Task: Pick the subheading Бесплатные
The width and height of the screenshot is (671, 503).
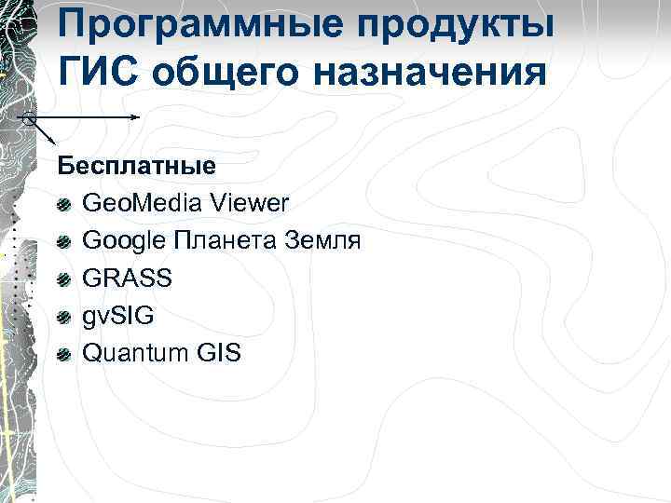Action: point(136,166)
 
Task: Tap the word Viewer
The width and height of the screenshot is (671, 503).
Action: point(250,203)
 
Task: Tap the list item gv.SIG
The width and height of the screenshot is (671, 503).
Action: point(118,316)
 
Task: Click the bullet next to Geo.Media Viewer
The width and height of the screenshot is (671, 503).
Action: point(63,205)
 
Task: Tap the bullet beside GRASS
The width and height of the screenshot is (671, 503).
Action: point(63,279)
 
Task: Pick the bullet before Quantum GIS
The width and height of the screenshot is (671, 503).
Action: point(63,354)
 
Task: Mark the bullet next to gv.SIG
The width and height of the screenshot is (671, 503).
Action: point(63,317)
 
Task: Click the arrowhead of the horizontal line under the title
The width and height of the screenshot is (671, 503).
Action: point(136,117)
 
